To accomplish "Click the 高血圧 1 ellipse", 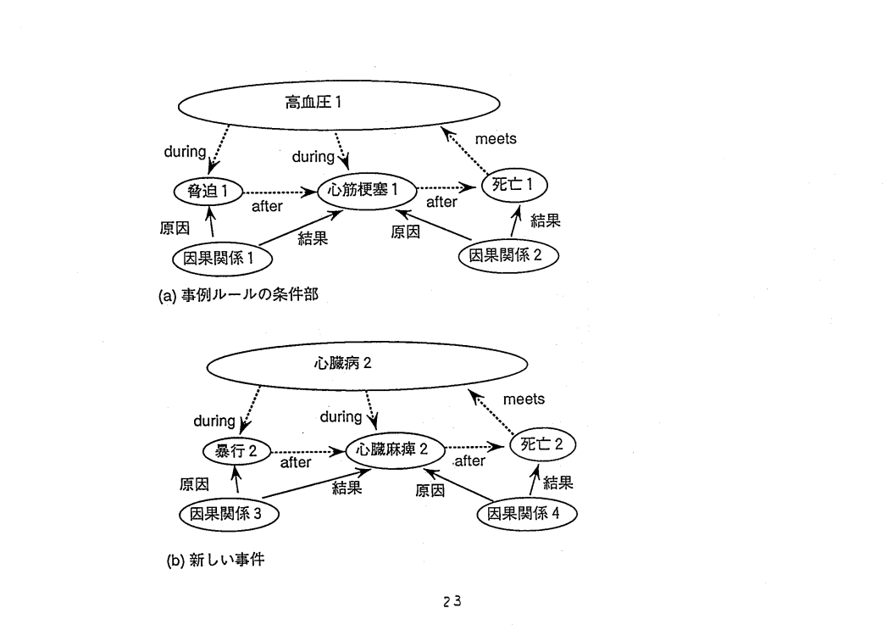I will (x=339, y=105).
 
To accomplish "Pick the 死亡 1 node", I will (x=514, y=185).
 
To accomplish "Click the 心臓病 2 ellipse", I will (x=368, y=365).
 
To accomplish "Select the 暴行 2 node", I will (x=236, y=451).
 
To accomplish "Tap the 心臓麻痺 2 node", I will (x=396, y=449).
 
